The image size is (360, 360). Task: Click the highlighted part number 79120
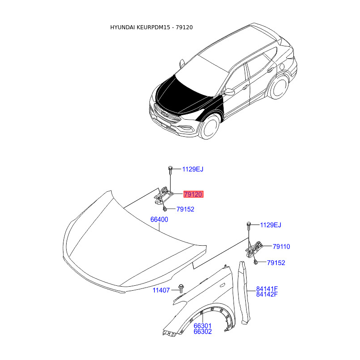193,194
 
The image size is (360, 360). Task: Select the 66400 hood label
159,220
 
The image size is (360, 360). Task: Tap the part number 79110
281,247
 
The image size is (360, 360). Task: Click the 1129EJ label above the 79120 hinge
193,169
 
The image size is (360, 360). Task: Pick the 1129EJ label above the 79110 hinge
270,225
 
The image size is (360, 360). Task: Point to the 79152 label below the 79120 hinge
185,209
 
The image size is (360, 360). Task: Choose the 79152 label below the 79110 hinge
276,263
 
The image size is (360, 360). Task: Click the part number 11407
161,290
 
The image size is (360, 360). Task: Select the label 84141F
267,289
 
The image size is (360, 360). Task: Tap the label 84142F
267,294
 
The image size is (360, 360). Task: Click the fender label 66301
202,326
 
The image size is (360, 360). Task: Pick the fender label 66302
202,332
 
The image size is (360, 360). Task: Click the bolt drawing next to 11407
181,288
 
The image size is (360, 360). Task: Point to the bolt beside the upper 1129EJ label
170,170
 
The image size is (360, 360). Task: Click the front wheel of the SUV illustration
210,126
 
